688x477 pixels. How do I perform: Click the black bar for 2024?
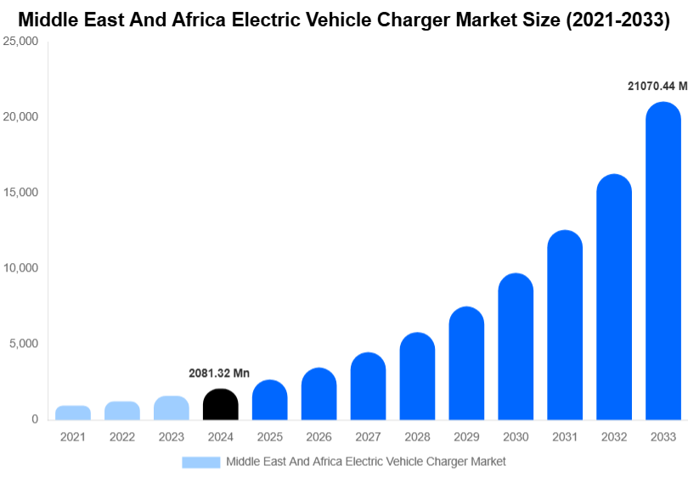(220, 404)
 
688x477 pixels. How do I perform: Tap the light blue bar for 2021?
(73, 412)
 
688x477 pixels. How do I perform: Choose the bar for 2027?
(368, 386)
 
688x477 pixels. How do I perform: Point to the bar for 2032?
(614, 297)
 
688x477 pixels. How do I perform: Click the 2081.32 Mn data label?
(219, 373)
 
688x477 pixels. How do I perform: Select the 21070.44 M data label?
(657, 86)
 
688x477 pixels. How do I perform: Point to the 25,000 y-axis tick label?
(21, 41)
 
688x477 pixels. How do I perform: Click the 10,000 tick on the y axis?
(21, 268)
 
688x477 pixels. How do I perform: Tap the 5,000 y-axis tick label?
(25, 344)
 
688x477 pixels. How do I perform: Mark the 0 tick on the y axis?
(35, 419)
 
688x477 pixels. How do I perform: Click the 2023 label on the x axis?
(171, 437)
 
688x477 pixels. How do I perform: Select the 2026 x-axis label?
(319, 437)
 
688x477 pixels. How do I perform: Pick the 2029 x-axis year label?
(466, 437)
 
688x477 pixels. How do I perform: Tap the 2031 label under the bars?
(565, 437)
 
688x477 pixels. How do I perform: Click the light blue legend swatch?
(200, 462)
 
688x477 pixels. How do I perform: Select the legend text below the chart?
(365, 462)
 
